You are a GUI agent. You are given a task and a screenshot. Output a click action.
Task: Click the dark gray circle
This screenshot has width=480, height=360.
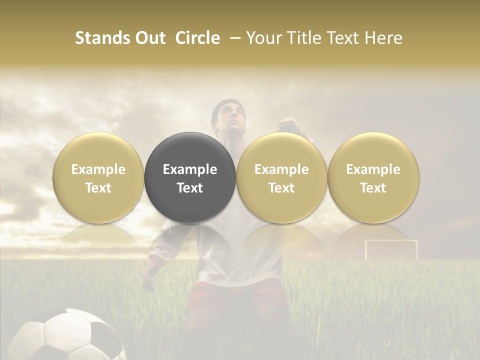190,177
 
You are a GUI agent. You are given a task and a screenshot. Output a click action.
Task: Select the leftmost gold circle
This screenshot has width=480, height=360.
98,177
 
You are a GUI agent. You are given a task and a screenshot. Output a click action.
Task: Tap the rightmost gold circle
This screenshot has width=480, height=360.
373,177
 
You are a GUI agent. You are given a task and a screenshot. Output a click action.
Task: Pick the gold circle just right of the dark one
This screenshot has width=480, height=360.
281,177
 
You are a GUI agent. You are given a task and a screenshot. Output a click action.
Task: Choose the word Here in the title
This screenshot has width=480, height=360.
384,38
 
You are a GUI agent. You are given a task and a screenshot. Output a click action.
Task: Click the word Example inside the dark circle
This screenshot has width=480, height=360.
190,169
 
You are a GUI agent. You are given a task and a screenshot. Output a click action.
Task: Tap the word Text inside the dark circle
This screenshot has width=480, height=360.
190,188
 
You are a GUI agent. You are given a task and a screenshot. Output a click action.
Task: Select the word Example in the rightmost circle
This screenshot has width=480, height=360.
373,169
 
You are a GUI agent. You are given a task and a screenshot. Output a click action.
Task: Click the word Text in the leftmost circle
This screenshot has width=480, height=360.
98,188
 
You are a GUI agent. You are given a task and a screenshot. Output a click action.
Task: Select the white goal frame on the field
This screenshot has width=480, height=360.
391,249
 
